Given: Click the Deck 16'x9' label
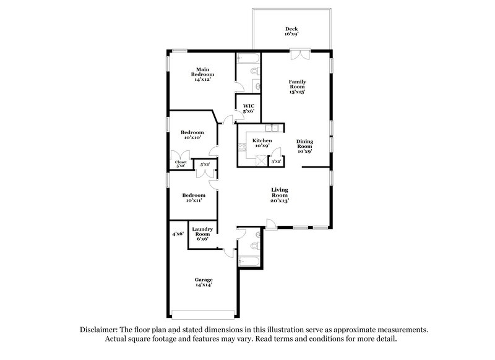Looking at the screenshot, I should click(x=291, y=32).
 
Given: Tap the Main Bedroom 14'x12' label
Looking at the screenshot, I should click(x=205, y=74).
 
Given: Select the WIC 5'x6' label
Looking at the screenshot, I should click(x=249, y=108).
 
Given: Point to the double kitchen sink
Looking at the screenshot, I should click(x=270, y=129).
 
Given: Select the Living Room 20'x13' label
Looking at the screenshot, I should click(x=280, y=195).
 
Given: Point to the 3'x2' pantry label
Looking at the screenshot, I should click(x=276, y=161).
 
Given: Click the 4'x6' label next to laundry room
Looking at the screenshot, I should click(x=178, y=234).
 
